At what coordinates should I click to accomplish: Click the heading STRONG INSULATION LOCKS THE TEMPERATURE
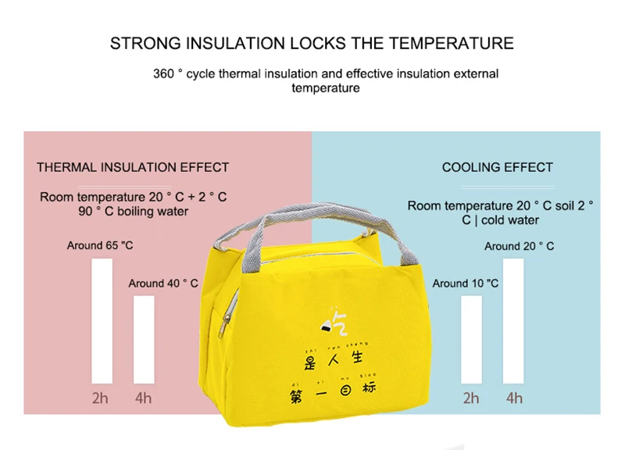coord(312,43)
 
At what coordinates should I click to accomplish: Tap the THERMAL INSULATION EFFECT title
coord(133,167)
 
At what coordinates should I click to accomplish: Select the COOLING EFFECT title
coord(497,167)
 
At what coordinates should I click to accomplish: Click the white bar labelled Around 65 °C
coord(102,320)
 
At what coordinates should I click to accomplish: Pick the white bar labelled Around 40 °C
coord(144,339)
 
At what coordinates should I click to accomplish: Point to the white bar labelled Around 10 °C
coord(471,339)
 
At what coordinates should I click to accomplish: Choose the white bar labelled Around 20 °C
coord(513,320)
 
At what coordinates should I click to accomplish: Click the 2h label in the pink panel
coord(100,398)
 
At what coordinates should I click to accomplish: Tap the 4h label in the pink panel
coord(143,398)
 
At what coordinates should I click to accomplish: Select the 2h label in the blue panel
coord(471,398)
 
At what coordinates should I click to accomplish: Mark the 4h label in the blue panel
coord(514,398)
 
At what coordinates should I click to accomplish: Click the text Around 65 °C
coord(100,245)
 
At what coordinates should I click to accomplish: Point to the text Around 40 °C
coord(163,284)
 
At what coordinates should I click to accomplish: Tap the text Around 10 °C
coord(465,284)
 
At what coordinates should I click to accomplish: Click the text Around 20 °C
coord(520,246)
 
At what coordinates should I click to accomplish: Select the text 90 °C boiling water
coord(133,212)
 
